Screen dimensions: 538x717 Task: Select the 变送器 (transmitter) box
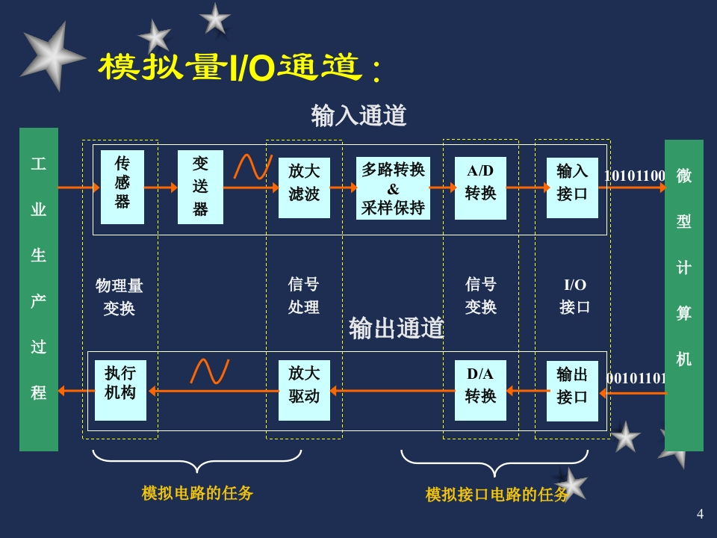click(200, 187)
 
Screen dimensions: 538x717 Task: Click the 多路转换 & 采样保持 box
click(393, 188)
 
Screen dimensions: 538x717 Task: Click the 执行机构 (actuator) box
click(121, 389)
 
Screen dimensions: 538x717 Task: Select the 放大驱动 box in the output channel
click(304, 389)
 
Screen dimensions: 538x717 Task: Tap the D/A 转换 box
click(480, 389)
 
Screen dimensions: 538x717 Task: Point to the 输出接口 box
click(572, 390)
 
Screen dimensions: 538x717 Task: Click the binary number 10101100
click(634, 176)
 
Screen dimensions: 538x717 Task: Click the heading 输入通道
click(358, 116)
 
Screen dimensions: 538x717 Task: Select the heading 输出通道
click(397, 328)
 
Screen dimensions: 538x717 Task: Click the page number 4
click(700, 513)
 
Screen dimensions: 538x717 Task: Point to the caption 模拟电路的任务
click(197, 493)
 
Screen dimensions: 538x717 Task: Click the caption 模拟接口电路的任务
click(497, 495)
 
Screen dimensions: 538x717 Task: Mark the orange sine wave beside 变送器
click(250, 167)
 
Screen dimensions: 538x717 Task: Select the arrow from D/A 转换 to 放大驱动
click(393, 390)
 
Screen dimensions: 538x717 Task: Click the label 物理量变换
click(119, 297)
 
